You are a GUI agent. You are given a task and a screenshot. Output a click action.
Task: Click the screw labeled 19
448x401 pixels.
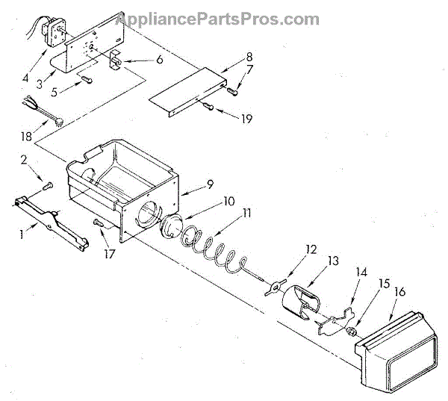(x=208, y=109)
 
